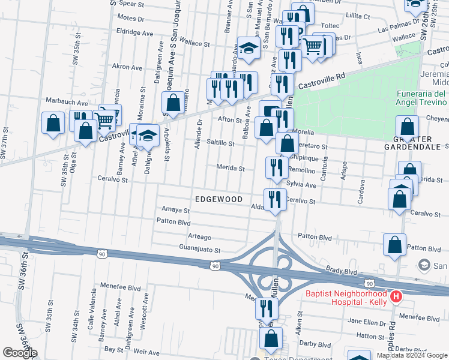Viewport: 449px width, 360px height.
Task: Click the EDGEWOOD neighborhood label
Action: pos(218,199)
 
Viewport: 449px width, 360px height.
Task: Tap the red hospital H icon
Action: pos(396,296)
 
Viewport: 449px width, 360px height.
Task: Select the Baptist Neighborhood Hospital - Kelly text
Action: pos(346,298)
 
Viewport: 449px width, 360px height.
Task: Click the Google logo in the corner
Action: pos(19,353)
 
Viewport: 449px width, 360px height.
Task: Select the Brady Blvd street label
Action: pos(342,271)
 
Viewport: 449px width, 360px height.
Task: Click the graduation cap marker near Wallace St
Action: pos(248,49)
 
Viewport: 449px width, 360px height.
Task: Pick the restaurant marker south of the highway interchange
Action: pos(266,308)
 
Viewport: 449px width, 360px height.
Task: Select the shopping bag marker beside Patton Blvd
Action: pos(394,245)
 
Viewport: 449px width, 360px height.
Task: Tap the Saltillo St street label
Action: pos(220,143)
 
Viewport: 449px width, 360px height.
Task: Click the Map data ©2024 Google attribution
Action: pos(412,355)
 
